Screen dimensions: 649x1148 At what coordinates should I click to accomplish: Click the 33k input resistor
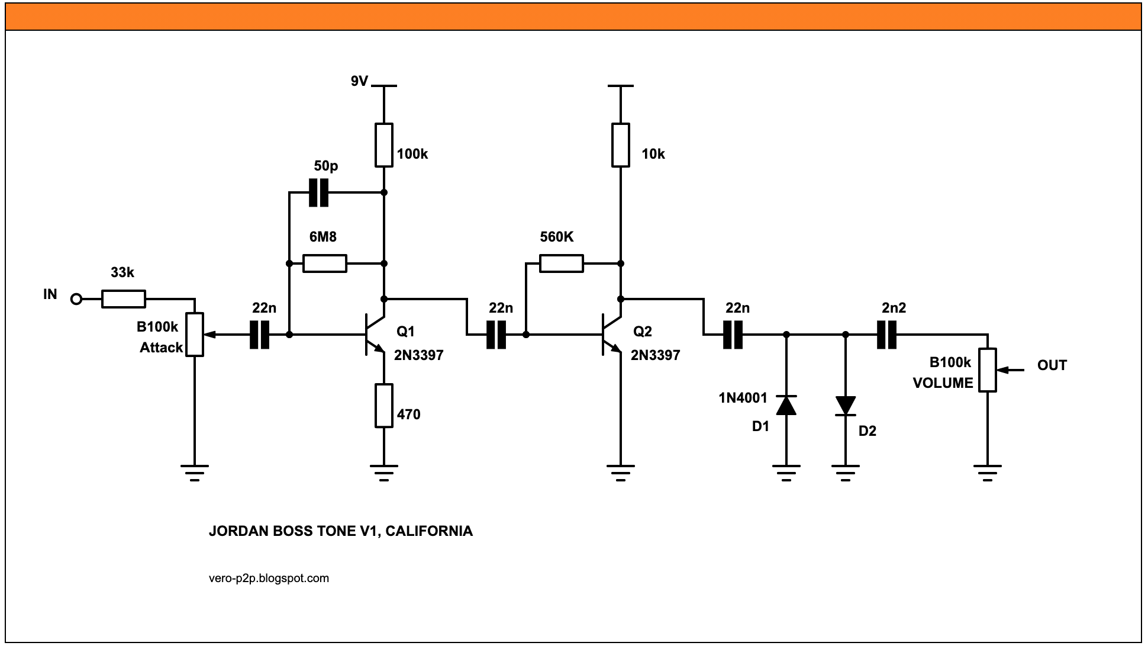coord(123,299)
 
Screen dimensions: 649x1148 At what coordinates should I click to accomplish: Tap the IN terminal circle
coord(76,299)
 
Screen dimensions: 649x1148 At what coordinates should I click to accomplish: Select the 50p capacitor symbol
coord(318,192)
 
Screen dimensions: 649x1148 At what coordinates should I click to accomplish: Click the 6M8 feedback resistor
coord(324,264)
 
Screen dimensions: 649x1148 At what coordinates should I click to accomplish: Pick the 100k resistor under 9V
coord(384,145)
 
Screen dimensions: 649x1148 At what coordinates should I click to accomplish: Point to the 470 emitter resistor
coord(384,406)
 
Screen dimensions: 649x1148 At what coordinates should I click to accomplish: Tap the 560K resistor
coord(561,264)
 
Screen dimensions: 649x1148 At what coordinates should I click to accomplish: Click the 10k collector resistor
coord(621,145)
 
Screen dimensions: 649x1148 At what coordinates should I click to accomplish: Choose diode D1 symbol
coord(786,405)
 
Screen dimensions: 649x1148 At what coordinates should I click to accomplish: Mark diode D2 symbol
coord(845,406)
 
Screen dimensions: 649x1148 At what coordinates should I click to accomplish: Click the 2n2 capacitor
coord(886,335)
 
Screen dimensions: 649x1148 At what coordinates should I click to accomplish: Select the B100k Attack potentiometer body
coord(195,335)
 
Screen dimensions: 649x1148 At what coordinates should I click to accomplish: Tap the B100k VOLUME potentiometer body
coord(987,370)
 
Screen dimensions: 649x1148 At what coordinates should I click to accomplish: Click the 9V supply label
coord(359,81)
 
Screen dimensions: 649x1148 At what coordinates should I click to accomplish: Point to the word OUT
coord(1052,365)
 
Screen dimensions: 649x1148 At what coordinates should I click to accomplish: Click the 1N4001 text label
coord(743,398)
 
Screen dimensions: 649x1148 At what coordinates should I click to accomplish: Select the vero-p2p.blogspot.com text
coord(269,578)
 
